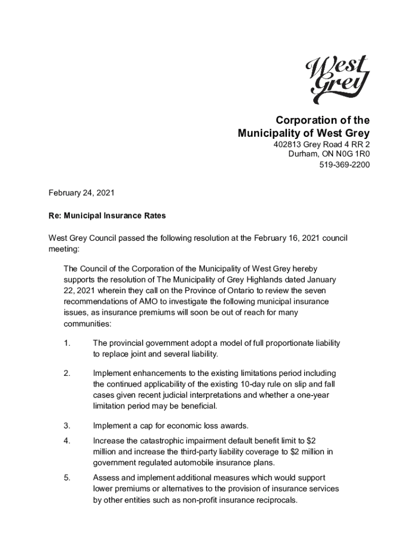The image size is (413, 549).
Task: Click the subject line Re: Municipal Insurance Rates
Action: pyautogui.click(x=107, y=216)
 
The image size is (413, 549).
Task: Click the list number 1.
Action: pyautogui.click(x=67, y=343)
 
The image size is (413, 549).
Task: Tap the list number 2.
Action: pyautogui.click(x=67, y=373)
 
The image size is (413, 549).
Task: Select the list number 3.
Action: pyautogui.click(x=67, y=426)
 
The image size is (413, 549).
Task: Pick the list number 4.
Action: pyautogui.click(x=67, y=441)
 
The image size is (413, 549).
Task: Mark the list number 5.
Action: pyautogui.click(x=67, y=477)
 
